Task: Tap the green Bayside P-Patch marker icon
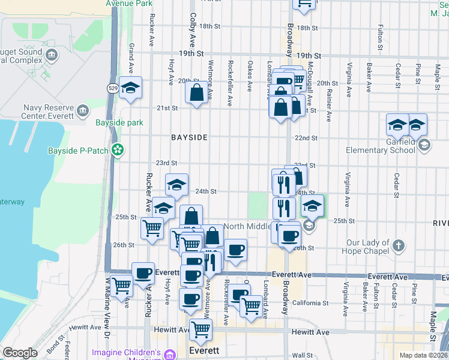[x=118, y=149]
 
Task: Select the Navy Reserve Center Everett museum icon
[x=83, y=110]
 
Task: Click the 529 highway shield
[x=113, y=88]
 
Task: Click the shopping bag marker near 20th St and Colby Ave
[x=197, y=93]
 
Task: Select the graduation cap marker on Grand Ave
[x=130, y=88]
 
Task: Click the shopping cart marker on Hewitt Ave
[x=200, y=329]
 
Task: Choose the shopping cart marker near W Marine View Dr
[x=121, y=286]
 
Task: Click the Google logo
[x=19, y=353]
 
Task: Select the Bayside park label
[x=119, y=122]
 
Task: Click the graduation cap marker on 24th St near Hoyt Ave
[x=176, y=185]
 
